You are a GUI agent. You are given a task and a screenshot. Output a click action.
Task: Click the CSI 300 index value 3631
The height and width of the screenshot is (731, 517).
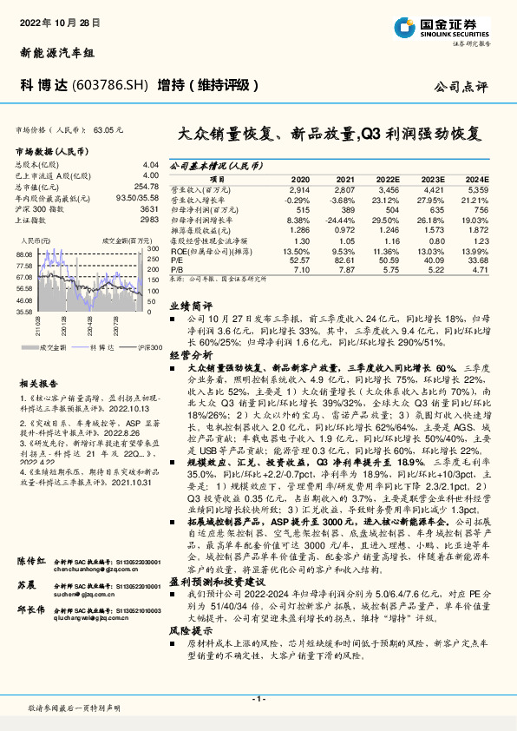click(149, 209)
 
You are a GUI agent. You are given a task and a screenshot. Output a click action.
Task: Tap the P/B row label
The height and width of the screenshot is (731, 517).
click(177, 270)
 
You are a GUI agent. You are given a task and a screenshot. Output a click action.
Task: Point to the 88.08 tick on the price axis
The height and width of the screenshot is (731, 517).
click(24, 254)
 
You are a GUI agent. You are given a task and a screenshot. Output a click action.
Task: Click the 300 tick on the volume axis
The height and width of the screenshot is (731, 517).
click(152, 249)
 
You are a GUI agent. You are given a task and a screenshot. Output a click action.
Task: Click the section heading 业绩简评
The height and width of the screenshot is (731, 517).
click(191, 306)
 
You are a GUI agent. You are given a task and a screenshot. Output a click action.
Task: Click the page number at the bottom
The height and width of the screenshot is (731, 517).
click(258, 698)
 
